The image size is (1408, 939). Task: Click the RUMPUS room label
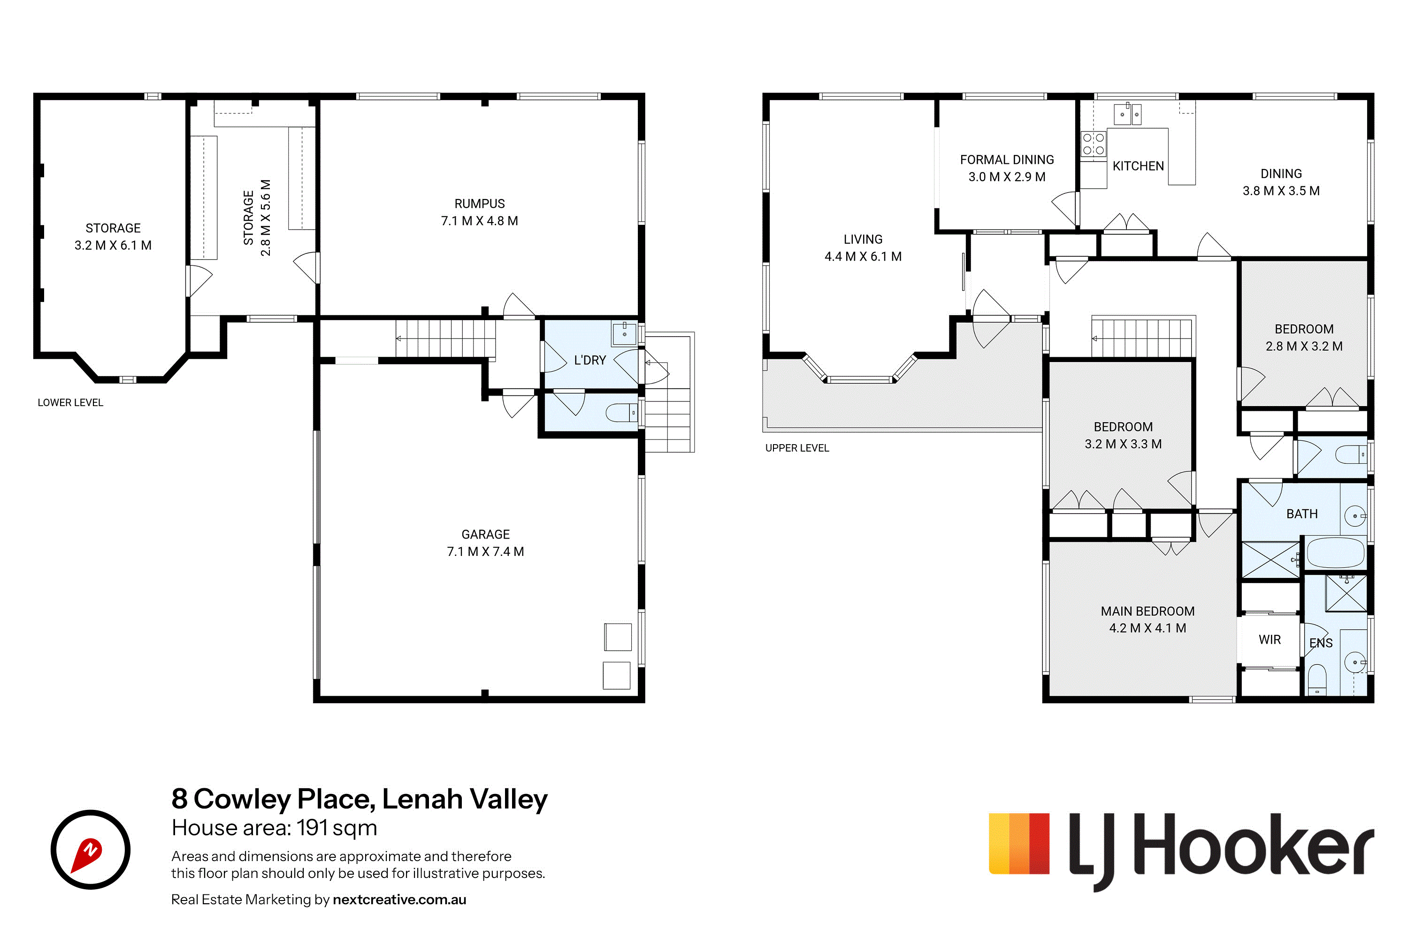[480, 204]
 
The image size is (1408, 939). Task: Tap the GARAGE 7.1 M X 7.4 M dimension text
[485, 552]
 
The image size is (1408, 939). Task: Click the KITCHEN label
[1138, 166]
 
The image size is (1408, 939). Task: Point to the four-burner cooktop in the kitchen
[1093, 144]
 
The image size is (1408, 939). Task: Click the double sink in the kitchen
[1127, 114]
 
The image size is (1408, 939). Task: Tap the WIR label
[1270, 639]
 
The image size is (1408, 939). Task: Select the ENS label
[1321, 643]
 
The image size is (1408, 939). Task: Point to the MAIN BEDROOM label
[1148, 611]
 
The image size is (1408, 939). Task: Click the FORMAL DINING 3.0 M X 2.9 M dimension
[1007, 177]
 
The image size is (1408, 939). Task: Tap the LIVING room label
[863, 239]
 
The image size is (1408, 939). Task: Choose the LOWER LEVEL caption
[71, 402]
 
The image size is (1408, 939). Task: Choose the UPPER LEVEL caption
[797, 448]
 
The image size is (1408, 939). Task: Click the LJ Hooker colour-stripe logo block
[1019, 843]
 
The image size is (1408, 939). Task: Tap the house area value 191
[313, 828]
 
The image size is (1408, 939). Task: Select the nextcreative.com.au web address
[399, 900]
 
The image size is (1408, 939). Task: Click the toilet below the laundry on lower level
[622, 413]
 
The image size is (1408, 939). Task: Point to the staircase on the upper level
[1143, 337]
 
